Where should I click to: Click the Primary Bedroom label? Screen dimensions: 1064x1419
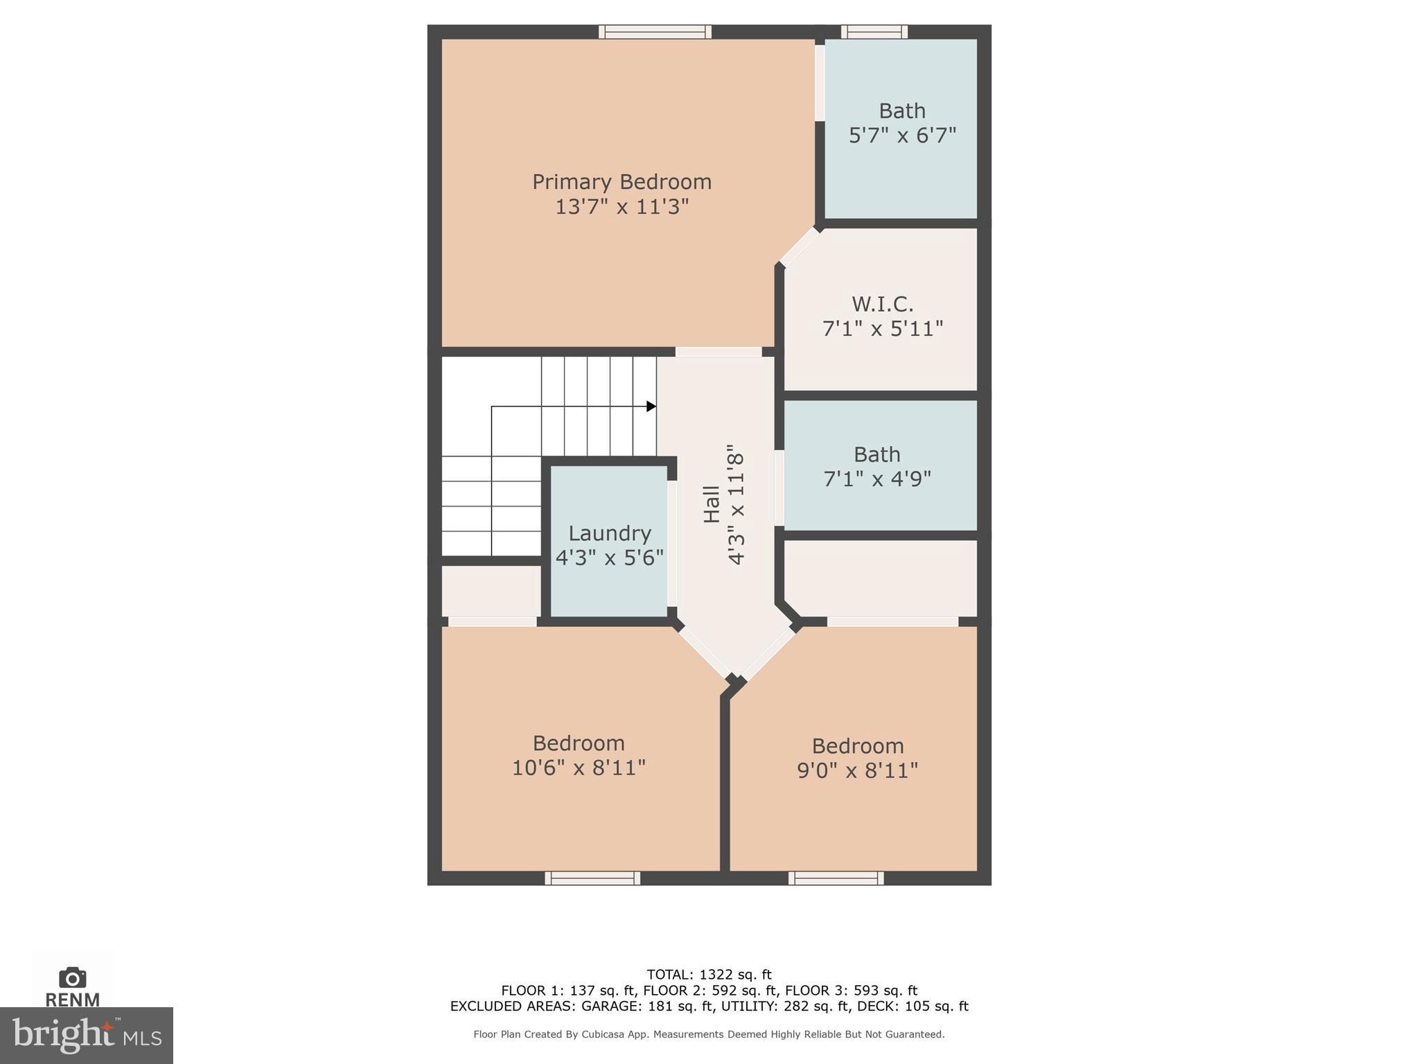(622, 181)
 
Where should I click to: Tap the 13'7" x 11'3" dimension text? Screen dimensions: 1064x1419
(622, 206)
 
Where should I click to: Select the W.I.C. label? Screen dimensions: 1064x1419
(882, 303)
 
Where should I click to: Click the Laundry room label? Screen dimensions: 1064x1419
(610, 533)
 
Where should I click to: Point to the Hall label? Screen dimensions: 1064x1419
(712, 504)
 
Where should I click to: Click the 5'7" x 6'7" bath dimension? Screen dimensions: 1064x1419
(902, 135)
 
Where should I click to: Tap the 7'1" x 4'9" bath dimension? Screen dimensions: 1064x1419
(876, 479)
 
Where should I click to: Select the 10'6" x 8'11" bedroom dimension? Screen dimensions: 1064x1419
(579, 768)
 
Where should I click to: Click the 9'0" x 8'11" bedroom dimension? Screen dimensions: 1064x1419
(857, 770)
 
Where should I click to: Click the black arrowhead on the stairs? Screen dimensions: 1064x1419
(651, 406)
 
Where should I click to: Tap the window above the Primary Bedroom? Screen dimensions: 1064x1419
(655, 32)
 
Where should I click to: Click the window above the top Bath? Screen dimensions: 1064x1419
(874, 32)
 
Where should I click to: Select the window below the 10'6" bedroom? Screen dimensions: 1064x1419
(592, 878)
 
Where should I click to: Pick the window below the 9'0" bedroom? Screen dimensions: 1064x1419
(836, 878)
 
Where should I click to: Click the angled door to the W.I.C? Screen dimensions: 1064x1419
(799, 247)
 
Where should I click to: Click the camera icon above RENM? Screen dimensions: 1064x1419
(72, 977)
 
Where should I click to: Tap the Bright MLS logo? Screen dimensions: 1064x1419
(86, 1035)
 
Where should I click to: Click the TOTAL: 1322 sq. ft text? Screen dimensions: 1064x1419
(709, 975)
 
